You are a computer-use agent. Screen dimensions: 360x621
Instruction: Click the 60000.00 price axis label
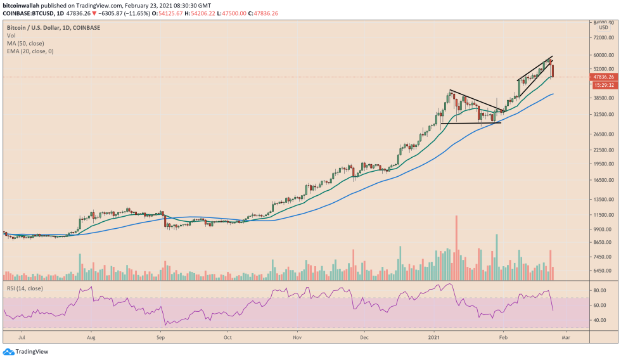[x=599, y=55]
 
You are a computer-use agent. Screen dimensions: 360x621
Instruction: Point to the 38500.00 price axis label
[x=599, y=98]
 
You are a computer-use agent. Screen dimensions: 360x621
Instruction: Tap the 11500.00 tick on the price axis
[x=599, y=215]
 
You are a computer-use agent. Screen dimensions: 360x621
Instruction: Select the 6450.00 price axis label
[x=599, y=271]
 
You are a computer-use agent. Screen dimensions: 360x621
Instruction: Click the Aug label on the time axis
[x=91, y=337]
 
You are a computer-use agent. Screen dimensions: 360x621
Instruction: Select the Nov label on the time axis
[x=296, y=337]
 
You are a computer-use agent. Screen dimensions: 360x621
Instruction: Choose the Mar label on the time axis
[x=566, y=337]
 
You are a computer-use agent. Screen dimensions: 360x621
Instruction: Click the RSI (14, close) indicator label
[x=25, y=288]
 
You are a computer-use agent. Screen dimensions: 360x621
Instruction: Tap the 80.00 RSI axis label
[x=599, y=290]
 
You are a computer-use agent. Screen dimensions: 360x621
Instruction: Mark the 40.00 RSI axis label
[x=599, y=321]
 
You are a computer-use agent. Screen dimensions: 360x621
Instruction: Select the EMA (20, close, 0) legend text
[x=30, y=51]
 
